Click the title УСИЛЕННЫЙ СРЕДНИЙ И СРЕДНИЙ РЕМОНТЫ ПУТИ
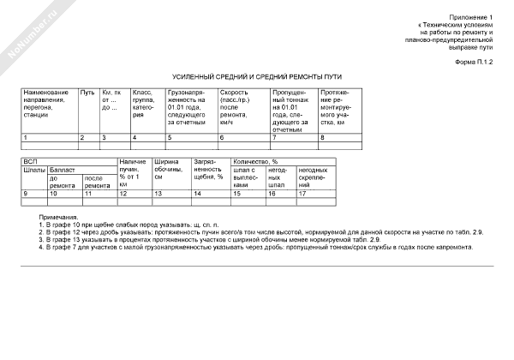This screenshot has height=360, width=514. tap(257, 76)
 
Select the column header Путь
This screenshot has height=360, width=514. tap(87, 92)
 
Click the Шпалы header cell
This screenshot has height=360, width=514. tap(33, 170)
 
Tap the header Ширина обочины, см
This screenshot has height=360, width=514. tap(166, 170)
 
